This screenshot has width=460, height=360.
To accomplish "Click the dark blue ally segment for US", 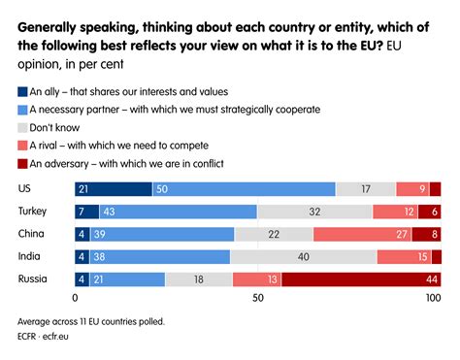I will [x=114, y=189].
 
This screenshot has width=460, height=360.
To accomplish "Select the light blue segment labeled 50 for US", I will [x=244, y=189].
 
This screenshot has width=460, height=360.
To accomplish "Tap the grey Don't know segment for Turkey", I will [x=314, y=212].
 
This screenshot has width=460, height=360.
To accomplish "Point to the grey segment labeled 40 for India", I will [x=304, y=256].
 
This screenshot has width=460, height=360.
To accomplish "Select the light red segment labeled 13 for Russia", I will [x=257, y=279].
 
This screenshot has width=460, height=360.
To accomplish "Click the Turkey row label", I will [x=34, y=212].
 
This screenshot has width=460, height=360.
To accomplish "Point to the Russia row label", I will [x=33, y=279].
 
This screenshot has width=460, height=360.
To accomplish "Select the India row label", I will [x=30, y=256].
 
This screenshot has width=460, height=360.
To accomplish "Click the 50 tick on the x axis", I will [x=258, y=299].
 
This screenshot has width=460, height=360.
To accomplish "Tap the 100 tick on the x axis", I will [x=434, y=299].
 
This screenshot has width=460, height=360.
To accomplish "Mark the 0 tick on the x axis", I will [x=76, y=299].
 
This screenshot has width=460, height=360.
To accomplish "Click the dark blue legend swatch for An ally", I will [x=24, y=92].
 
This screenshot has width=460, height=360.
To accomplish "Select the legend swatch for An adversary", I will [x=24, y=162].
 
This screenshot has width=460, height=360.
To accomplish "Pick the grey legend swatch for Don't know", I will [x=24, y=127].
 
